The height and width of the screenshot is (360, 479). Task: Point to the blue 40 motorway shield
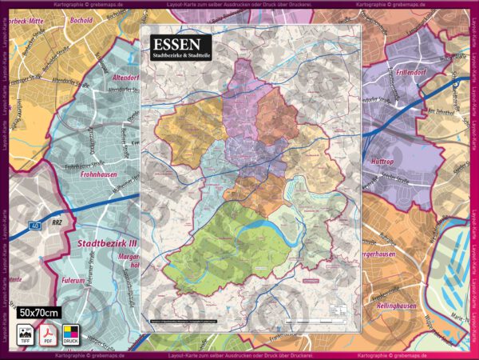click(x=36, y=226)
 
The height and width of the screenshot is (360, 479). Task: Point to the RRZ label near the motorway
click(x=57, y=226)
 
